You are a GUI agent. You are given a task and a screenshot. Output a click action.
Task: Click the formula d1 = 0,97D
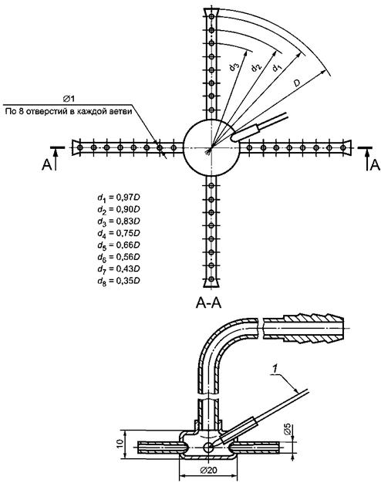coord(119,198)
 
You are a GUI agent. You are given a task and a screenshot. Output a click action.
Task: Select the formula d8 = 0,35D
coord(119,282)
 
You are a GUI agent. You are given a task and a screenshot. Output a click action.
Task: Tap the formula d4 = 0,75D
coord(119,234)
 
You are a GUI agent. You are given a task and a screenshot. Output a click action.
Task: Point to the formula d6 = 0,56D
coord(119,258)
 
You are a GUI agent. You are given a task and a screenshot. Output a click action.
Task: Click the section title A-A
coord(208,303)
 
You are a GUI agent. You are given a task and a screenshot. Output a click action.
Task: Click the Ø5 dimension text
coord(287,430)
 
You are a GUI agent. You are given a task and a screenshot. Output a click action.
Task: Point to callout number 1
coord(273,368)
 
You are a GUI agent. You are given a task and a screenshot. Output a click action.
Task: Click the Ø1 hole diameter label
coord(69,99)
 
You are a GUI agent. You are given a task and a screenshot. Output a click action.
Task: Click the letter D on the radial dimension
coord(296,83)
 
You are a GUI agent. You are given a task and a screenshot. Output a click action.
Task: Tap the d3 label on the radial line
coord(234,66)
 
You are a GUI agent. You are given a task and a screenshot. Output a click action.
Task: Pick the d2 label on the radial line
coord(255,66)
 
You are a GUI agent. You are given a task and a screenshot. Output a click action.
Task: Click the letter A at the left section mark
coord(46,165)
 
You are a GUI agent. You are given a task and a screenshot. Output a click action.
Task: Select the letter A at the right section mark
coord(375,165)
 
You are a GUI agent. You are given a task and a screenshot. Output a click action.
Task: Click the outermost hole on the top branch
coord(211,17)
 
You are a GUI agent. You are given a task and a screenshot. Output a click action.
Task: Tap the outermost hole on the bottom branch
coord(211,279)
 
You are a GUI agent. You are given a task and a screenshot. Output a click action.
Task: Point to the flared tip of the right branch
coord(347,148)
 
